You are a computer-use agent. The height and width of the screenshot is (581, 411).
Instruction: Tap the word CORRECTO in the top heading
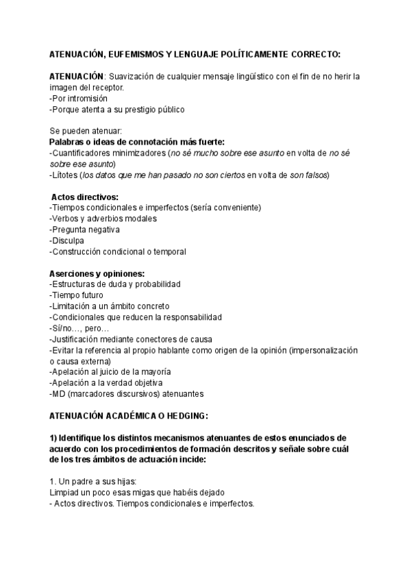pyautogui.click(x=312, y=53)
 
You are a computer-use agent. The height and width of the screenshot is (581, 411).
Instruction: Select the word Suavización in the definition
pyautogui.click(x=132, y=76)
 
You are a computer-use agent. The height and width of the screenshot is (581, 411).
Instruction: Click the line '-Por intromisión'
pyautogui.click(x=79, y=98)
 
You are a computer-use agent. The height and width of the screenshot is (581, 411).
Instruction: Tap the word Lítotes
pyautogui.click(x=65, y=175)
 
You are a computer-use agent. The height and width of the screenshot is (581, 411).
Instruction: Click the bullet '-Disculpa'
pyautogui.click(x=67, y=240)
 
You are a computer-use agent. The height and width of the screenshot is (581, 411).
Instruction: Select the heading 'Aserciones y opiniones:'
pyautogui.click(x=96, y=273)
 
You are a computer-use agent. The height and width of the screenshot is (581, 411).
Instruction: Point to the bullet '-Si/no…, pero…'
pyautogui.click(x=75, y=328)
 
